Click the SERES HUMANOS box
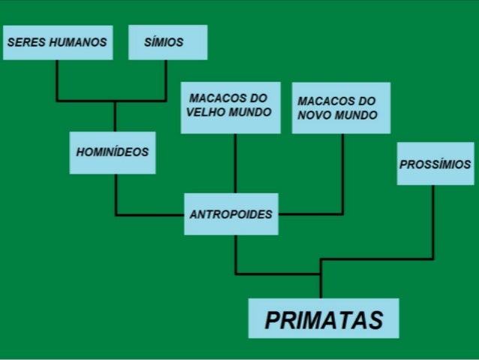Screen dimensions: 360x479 [58, 42]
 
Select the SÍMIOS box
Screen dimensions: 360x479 [167, 42]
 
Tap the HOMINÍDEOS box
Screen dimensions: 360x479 [113, 153]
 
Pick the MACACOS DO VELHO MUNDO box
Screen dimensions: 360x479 [230, 107]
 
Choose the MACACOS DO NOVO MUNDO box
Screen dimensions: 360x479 [341, 108]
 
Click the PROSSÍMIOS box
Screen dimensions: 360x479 [435, 165]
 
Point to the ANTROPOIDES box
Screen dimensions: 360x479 [231, 213]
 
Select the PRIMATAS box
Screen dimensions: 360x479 [324, 319]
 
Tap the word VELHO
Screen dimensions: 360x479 [206, 114]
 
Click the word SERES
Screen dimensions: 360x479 [24, 42]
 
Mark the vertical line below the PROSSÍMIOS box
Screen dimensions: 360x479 [433, 222]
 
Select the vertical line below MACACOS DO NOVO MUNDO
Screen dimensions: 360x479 [343, 173]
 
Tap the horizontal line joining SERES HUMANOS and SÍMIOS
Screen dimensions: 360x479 [113, 100]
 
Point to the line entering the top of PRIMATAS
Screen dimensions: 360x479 [321, 282]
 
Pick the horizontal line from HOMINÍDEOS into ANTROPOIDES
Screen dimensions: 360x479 [150, 215]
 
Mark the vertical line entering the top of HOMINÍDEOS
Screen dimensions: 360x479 [115, 116]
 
